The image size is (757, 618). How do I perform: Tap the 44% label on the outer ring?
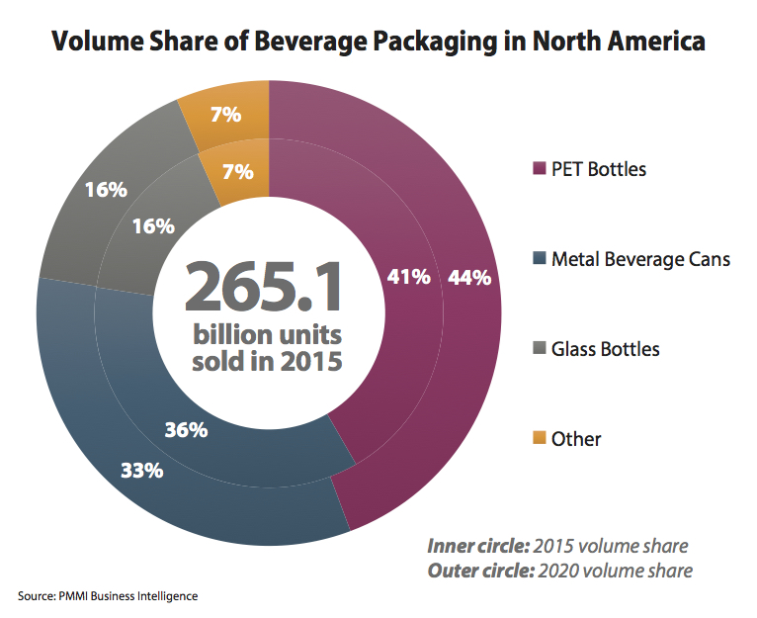469,278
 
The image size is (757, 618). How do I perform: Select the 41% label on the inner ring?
408,278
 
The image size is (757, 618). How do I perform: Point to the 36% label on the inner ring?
186,430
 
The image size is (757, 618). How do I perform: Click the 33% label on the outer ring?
141,471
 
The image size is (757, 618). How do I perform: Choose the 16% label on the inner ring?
153,225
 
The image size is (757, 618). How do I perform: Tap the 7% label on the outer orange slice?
225,115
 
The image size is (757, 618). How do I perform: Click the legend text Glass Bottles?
605,349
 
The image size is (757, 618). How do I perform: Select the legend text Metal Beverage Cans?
640,259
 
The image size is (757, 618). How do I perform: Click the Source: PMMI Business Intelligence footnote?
108,596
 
